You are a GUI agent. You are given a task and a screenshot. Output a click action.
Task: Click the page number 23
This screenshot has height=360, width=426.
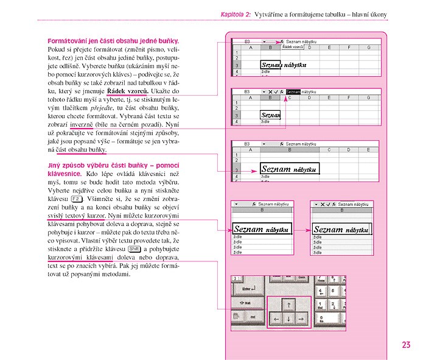[x=406, y=345]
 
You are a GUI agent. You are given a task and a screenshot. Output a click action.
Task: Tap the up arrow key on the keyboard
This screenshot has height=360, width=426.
[x=289, y=303]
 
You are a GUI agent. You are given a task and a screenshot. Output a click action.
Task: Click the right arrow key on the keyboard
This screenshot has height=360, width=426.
[x=302, y=319]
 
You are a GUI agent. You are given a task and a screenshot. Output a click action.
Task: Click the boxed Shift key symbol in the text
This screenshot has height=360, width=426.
[x=135, y=249]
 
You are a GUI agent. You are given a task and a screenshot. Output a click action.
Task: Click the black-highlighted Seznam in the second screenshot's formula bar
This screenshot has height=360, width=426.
[x=293, y=91]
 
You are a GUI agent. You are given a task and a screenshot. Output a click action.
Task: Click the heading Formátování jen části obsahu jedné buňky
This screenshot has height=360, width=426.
[x=117, y=41]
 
